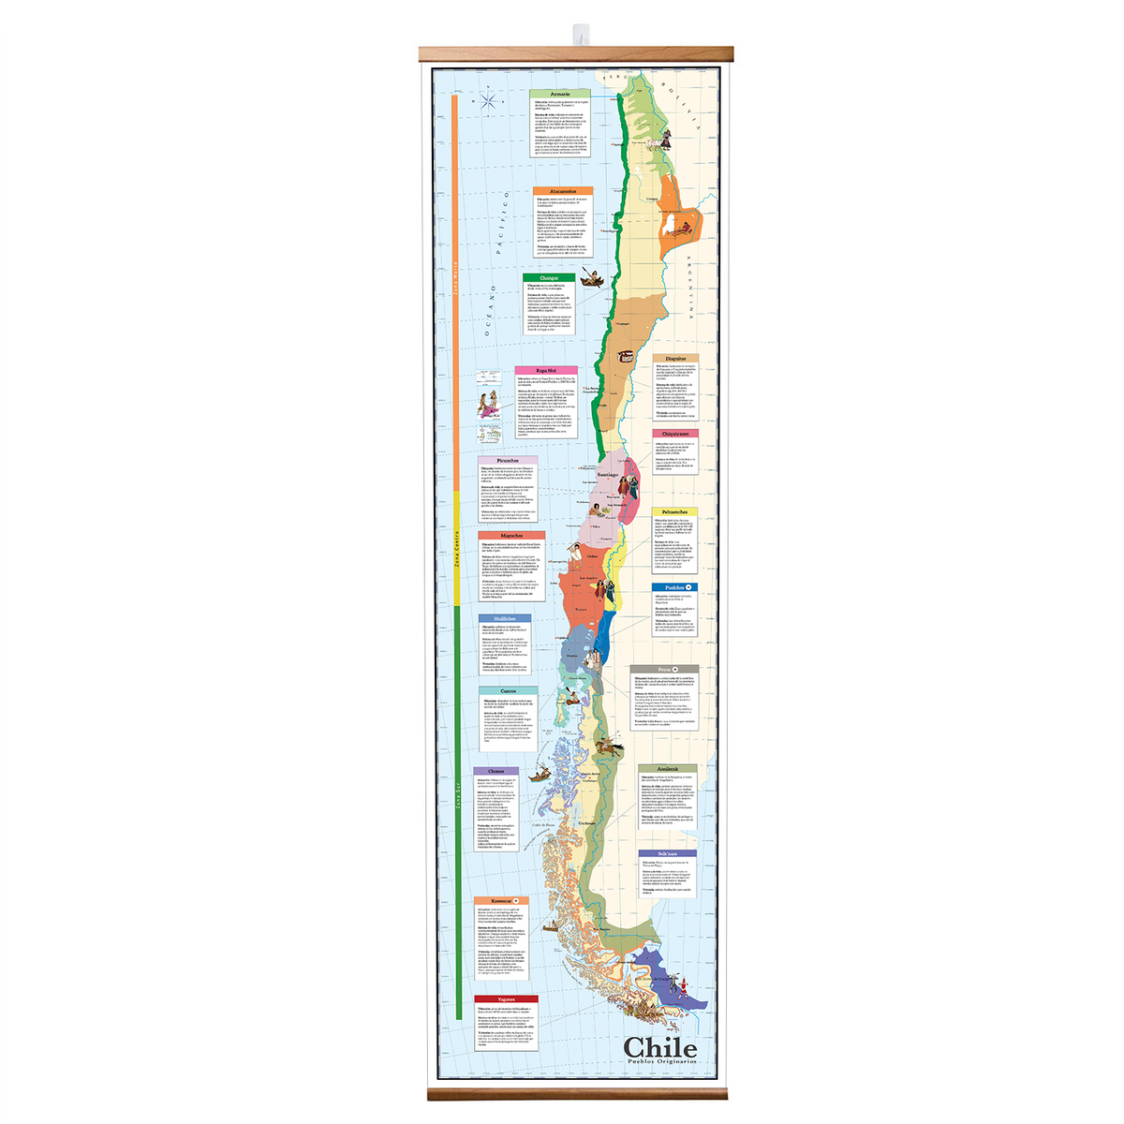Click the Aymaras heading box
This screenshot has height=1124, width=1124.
coord(560,95)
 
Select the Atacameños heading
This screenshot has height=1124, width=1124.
coord(564,191)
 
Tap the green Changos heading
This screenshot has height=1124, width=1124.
coord(549,278)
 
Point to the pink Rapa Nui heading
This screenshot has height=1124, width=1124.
coord(546,371)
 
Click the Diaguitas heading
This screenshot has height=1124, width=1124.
coord(675,359)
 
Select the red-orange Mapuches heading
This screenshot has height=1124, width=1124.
coord(511,536)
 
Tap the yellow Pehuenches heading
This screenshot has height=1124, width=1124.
coord(674,512)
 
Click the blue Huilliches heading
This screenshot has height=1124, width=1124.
coord(504,619)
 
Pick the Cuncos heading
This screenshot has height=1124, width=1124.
coord(509,690)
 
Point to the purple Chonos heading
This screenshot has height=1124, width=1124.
coord(496,772)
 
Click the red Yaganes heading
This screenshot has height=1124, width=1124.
coord(506,999)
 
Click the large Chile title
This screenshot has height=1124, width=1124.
coord(660,1046)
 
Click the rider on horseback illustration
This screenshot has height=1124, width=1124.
coord(610,747)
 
